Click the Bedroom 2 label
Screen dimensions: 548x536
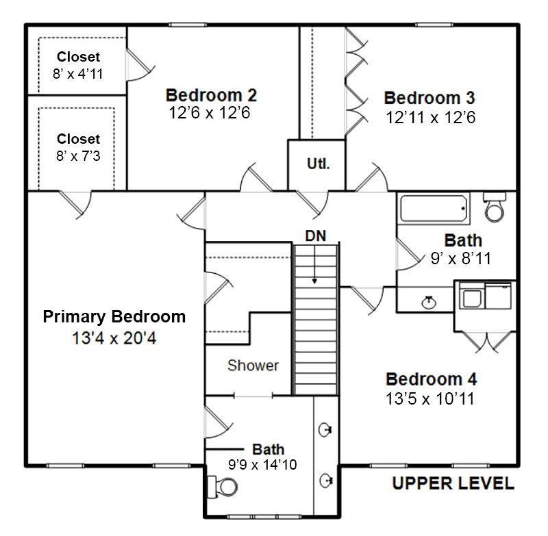[211, 95]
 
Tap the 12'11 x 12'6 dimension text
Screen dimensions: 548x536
[431, 118]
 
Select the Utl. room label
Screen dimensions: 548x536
[318, 164]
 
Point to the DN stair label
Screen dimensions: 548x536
[316, 236]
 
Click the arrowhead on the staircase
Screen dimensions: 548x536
[314, 281]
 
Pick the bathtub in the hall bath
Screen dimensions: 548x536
[434, 209]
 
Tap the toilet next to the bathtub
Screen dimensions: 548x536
[494, 207]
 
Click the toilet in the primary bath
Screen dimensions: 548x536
[222, 487]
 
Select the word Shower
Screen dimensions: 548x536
[253, 366]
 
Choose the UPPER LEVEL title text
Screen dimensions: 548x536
[453, 483]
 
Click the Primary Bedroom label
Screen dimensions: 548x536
[114, 317]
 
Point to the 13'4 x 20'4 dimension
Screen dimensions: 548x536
[114, 338]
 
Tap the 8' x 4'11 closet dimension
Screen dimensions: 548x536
[78, 74]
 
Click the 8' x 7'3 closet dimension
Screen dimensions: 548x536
[78, 156]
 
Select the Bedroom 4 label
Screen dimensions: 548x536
[431, 379]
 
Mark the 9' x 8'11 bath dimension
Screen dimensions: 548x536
[461, 259]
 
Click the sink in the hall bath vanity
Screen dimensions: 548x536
[429, 302]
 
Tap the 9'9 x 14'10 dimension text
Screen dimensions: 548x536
[262, 465]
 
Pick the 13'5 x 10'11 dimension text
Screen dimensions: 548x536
[430, 399]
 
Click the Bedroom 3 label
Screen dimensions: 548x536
[429, 98]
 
